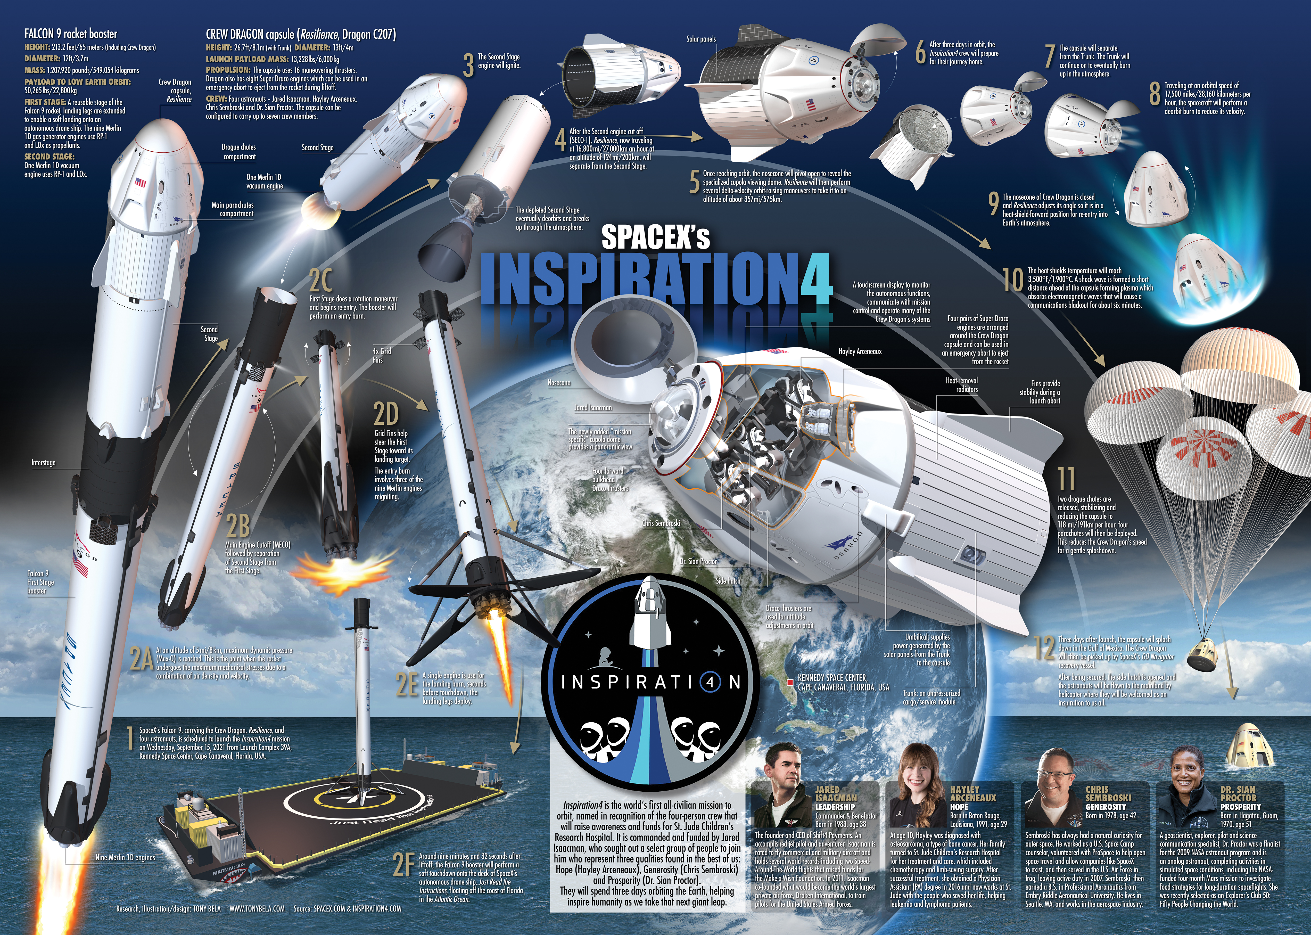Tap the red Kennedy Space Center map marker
click(790, 682)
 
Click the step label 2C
click(320, 281)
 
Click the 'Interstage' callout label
click(44, 463)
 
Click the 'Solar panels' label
click(701, 39)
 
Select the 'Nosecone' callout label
click(559, 383)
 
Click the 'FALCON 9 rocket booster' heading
click(71, 34)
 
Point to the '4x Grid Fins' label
click(382, 355)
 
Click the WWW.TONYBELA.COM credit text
click(257, 908)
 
